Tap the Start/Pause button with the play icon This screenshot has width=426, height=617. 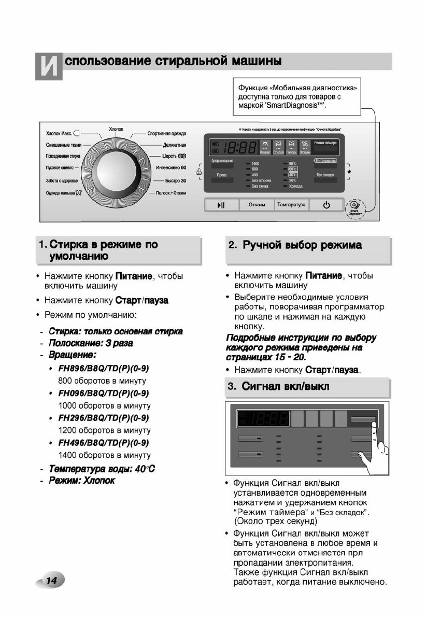click(x=221, y=205)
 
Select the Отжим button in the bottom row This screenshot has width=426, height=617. click(x=257, y=205)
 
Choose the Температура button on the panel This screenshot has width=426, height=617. click(x=291, y=205)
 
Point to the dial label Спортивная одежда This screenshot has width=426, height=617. click(x=166, y=134)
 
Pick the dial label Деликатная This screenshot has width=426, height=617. click(x=174, y=145)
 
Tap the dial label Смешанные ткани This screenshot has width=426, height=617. click(x=64, y=145)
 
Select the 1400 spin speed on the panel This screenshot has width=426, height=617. click(x=255, y=163)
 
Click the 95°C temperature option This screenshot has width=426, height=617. click(x=293, y=163)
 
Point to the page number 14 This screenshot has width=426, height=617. click(x=51, y=580)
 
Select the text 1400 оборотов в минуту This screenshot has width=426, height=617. click(x=104, y=455)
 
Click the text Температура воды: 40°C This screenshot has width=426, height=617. click(x=102, y=469)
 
